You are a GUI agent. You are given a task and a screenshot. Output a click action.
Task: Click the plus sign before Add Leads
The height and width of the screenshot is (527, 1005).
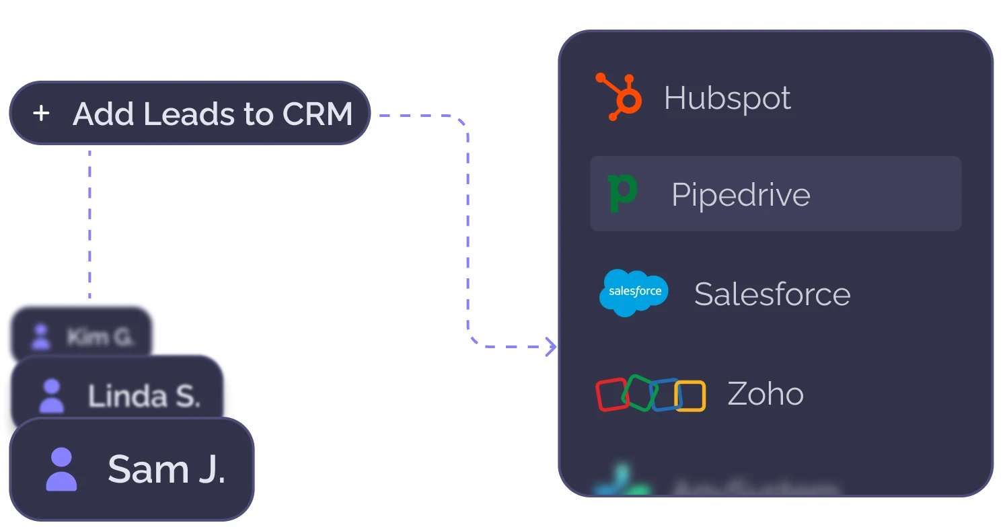[x=41, y=114]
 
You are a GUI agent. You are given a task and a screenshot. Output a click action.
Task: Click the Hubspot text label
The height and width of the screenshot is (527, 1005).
[x=727, y=98]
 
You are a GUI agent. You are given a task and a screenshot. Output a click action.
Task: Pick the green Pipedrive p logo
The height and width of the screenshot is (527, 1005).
[x=622, y=194]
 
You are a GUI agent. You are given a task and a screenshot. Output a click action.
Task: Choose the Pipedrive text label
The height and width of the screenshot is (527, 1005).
[x=741, y=195]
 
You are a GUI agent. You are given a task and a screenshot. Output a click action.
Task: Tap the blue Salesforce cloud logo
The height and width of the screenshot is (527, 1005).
[x=634, y=292]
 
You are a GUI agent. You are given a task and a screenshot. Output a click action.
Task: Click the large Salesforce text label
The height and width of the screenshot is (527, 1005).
[x=772, y=294]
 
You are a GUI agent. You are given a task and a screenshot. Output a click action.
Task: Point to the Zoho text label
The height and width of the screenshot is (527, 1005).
[x=766, y=394]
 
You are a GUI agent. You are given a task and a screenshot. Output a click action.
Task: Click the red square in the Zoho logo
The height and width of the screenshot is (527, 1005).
[x=611, y=395]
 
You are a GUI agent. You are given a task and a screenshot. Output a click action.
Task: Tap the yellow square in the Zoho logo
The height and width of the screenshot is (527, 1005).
[x=691, y=395]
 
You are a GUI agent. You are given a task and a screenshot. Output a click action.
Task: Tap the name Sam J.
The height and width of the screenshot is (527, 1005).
[x=166, y=469]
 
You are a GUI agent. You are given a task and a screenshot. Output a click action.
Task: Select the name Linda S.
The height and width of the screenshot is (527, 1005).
[x=144, y=395]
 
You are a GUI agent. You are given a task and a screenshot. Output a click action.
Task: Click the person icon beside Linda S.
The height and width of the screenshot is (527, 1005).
[x=52, y=395]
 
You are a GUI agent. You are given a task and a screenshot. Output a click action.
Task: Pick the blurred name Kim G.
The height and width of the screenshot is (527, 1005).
[x=100, y=336]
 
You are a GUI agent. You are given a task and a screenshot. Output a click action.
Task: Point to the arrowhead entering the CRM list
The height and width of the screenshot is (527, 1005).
[x=552, y=347]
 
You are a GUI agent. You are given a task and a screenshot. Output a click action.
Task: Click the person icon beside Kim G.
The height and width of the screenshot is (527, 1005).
[x=42, y=337]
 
